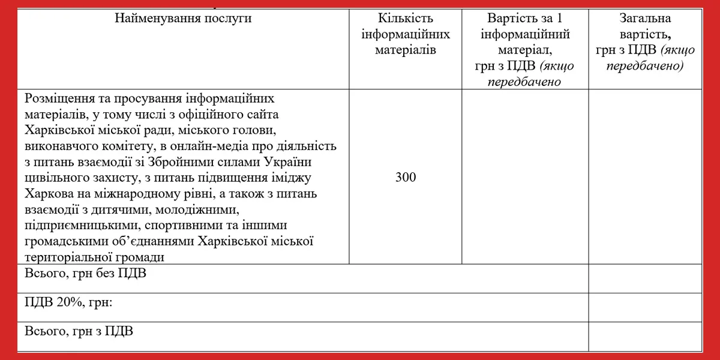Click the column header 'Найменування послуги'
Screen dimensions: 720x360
point(183,18)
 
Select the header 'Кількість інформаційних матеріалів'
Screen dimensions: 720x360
point(406,34)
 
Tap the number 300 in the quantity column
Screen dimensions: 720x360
point(406,177)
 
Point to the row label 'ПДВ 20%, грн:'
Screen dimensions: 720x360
point(69,302)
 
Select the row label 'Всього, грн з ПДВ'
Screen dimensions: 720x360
point(79,331)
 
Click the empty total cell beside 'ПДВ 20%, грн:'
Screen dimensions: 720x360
point(645,307)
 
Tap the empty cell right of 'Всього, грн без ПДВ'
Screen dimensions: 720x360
point(645,278)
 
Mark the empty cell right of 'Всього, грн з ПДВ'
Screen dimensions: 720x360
point(645,336)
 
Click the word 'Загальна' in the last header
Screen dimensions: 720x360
point(645,18)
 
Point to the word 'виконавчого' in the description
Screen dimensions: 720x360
point(59,146)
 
